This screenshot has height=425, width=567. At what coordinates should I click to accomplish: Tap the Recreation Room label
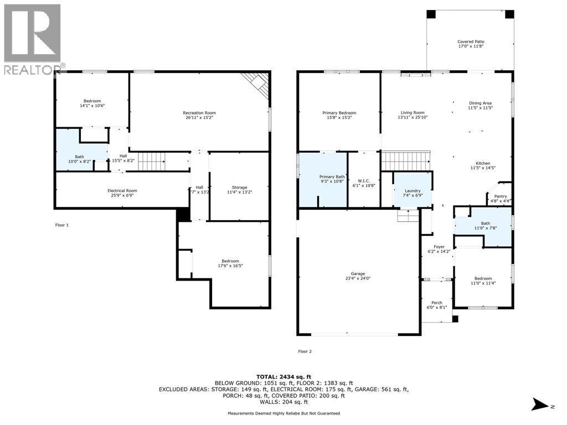pyautogui.click(x=199, y=113)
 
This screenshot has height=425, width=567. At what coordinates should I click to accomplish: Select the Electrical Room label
pyautogui.click(x=122, y=190)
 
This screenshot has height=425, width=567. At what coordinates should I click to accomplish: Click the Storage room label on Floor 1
pyautogui.click(x=239, y=188)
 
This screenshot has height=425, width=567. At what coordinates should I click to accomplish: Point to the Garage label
pyautogui.click(x=358, y=273)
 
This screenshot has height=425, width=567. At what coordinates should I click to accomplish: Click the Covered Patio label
pyautogui.click(x=471, y=42)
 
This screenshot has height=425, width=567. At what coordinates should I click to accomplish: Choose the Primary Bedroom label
pyautogui.click(x=339, y=113)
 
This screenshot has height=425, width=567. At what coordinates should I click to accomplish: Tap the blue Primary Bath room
pyautogui.click(x=323, y=180)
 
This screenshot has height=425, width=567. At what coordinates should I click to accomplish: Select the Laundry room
pyautogui.click(x=413, y=190)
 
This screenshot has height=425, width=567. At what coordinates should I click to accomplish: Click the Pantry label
pyautogui.click(x=501, y=196)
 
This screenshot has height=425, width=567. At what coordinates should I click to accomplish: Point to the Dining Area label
pyautogui.click(x=480, y=103)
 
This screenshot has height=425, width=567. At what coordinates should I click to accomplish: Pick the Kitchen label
pyautogui.click(x=483, y=163)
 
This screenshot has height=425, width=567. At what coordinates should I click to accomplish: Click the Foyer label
pyautogui.click(x=439, y=247)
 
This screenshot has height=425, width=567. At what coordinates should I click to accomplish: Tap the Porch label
pyautogui.click(x=437, y=303)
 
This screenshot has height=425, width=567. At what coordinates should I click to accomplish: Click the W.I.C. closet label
pyautogui.click(x=364, y=181)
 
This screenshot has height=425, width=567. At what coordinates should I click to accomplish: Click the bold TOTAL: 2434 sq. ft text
pyautogui.click(x=283, y=376)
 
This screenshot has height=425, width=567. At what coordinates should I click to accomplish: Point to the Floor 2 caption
pyautogui.click(x=305, y=351)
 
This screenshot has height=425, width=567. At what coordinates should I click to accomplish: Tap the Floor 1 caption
pyautogui.click(x=62, y=225)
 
